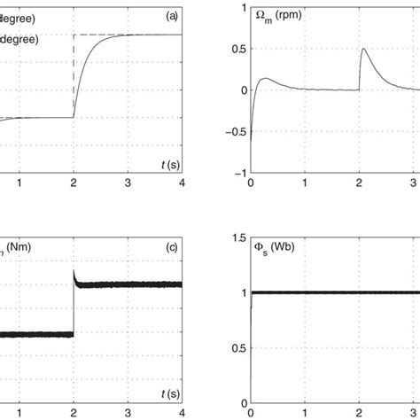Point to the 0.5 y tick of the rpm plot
pyautogui.click(x=234, y=49)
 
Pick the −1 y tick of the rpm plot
pyautogui.click(x=234, y=173)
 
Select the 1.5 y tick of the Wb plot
pyautogui.click(x=234, y=237)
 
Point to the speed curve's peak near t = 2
pyautogui.click(x=362, y=49)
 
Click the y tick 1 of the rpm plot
pyautogui.click(x=237, y=7)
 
